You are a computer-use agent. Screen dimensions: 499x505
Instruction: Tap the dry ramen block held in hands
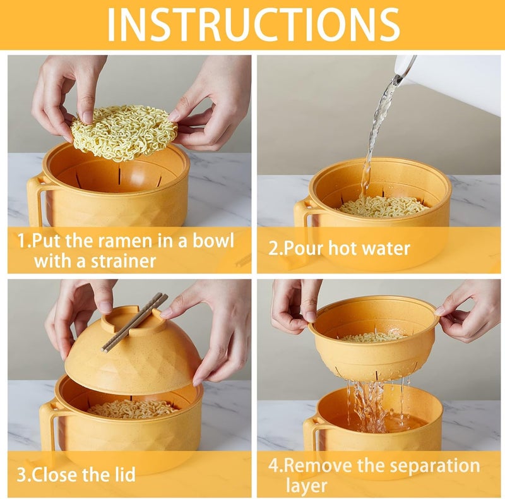click(x=124, y=131)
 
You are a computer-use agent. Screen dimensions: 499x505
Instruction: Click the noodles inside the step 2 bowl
click(x=382, y=206)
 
